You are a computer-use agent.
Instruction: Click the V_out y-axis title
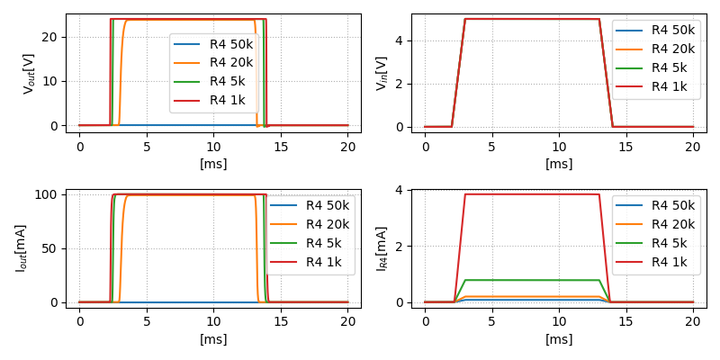[30, 74]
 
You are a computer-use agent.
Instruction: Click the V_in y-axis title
[382, 74]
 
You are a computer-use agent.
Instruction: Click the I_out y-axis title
[20, 248]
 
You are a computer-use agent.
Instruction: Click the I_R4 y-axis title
[382, 248]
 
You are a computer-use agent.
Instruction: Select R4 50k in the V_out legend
[231, 44]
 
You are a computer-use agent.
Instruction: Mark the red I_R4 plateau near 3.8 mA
[531, 194]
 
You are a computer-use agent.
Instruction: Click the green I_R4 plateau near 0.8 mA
[531, 280]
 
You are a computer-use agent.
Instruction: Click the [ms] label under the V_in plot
[559, 164]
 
